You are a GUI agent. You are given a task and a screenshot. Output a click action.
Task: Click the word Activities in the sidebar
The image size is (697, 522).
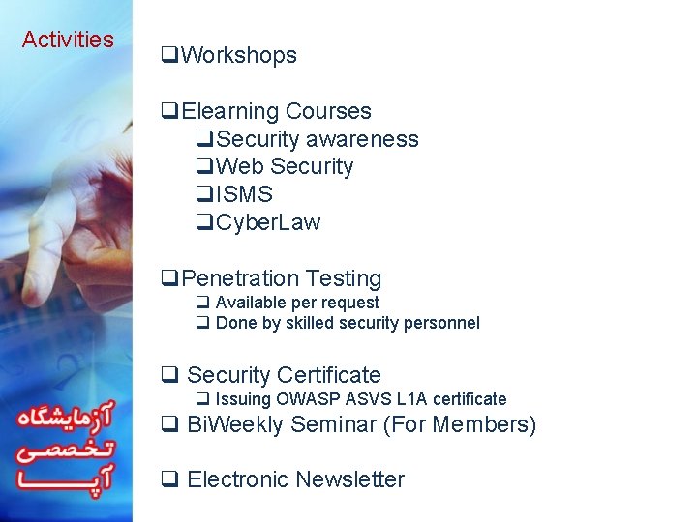click(68, 40)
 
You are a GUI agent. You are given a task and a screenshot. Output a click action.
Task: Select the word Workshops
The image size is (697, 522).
click(239, 56)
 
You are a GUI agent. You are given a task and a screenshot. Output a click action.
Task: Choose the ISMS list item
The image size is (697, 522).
click(244, 195)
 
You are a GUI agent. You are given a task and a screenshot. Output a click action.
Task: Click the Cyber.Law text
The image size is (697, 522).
click(268, 223)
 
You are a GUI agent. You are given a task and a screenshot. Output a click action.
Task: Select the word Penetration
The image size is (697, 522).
click(239, 279)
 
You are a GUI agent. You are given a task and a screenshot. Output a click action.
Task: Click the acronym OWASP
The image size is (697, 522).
click(310, 399)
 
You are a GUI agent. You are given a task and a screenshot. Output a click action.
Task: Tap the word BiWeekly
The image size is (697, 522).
click(235, 424)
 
